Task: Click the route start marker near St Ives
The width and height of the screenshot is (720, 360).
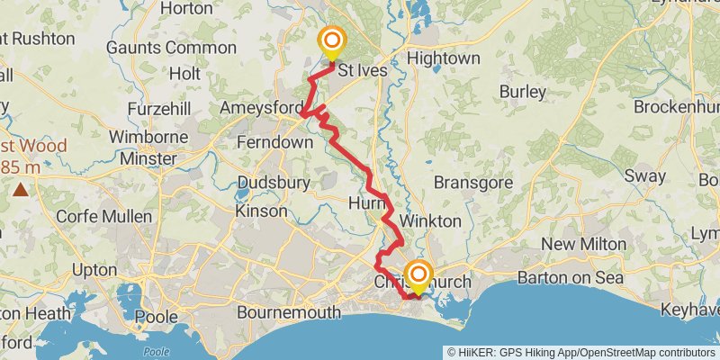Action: coord(333,40)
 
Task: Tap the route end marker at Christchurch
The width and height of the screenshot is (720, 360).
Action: coord(418,273)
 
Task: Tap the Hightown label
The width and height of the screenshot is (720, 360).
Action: coord(444,58)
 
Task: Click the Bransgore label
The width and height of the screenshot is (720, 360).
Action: coord(472,183)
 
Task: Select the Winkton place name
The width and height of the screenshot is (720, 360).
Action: coord(429,220)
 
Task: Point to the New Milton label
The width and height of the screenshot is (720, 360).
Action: coord(577,245)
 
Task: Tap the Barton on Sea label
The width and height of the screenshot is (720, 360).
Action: coord(570,277)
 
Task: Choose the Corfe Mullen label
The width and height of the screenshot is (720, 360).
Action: coord(101,216)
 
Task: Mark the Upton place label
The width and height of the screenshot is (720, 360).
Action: coord(94,270)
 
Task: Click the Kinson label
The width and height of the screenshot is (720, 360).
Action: coord(261,211)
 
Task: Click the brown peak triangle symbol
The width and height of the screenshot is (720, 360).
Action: coord(20,189)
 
